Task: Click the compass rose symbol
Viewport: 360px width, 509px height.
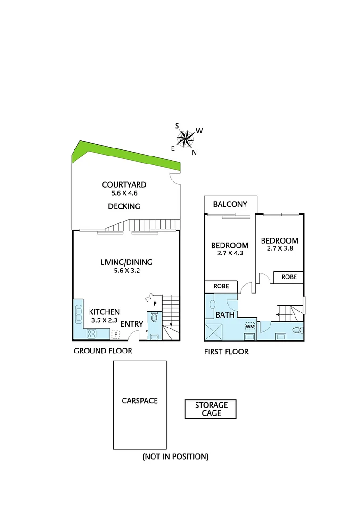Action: tap(186, 138)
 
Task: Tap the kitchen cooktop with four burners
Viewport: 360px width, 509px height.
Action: tap(91, 334)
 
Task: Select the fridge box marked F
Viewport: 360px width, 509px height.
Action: tap(115, 335)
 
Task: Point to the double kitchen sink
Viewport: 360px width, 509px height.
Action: tap(78, 314)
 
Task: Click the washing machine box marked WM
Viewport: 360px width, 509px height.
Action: tap(250, 326)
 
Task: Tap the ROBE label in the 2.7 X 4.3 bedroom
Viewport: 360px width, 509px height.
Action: tap(221, 286)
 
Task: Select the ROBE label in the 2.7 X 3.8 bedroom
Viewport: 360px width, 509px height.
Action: tap(289, 277)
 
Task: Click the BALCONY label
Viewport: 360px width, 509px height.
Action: tap(230, 205)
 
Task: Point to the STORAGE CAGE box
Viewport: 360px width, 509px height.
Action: tap(210, 409)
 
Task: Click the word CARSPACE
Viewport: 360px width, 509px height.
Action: tap(139, 401)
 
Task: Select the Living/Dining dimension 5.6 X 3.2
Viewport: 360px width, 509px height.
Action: tap(126, 271)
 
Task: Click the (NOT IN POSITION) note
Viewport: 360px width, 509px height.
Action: tap(175, 456)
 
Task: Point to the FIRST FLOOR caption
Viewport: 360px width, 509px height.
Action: tap(226, 352)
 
